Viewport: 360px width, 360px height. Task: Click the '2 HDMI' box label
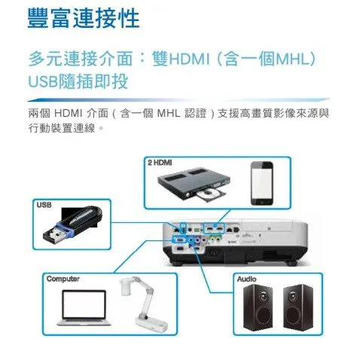pyautogui.click(x=160, y=163)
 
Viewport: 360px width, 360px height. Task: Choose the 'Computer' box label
pyautogui.click(x=64, y=279)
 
